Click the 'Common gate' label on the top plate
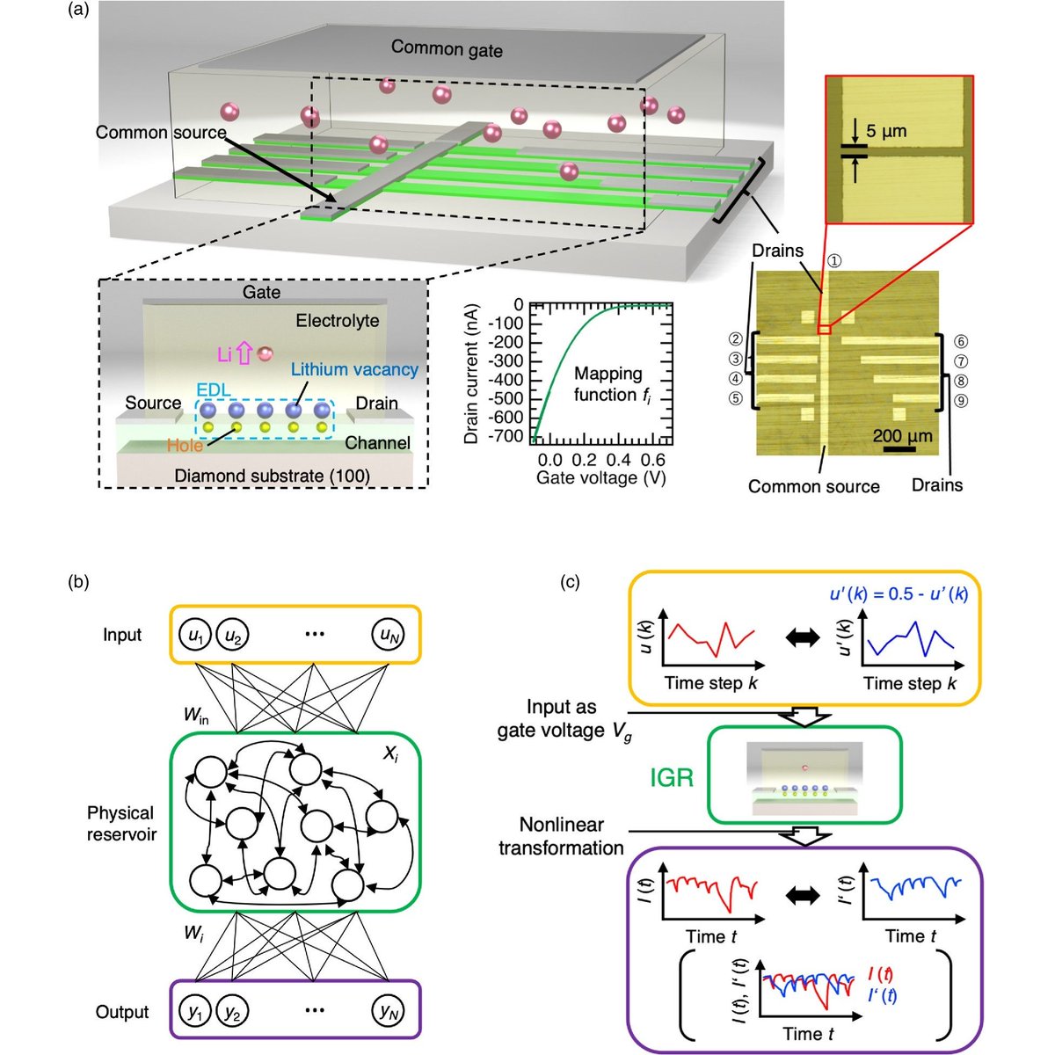click(x=447, y=48)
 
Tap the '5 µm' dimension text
click(x=885, y=132)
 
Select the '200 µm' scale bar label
click(x=902, y=435)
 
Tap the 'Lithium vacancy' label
click(x=354, y=369)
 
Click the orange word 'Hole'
click(x=185, y=445)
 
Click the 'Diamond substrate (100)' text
click(x=272, y=476)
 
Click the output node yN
click(x=388, y=1012)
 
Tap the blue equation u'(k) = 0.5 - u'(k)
click(x=899, y=593)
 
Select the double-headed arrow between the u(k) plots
click(x=806, y=641)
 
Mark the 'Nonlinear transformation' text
click(x=561, y=836)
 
